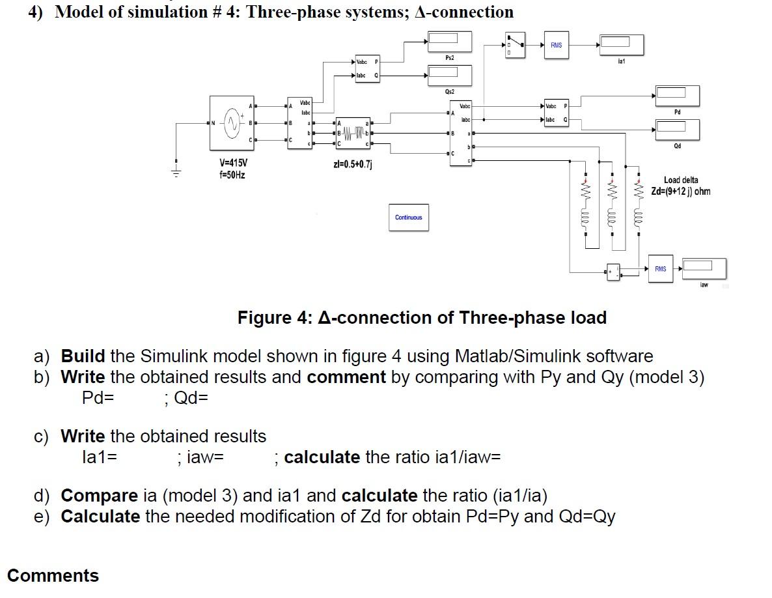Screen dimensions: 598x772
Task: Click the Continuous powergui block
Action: pos(408,218)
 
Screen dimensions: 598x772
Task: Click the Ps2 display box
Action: pos(449,42)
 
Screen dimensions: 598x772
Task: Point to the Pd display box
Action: pos(678,96)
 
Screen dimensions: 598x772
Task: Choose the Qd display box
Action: pos(678,130)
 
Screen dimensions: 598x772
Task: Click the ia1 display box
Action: pos(621,44)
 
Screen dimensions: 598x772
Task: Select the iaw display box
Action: pos(704,268)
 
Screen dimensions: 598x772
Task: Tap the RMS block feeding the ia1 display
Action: pos(556,45)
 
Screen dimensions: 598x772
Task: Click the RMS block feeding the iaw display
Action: pos(660,268)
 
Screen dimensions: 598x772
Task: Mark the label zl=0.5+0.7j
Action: pos(352,163)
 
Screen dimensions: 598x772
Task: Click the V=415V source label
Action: pos(233,163)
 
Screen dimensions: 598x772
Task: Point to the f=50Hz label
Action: pos(232,175)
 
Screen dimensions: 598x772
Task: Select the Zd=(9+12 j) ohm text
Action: pos(681,192)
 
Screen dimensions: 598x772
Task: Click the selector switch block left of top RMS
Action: pos(515,45)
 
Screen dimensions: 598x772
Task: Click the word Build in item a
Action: pos(83,356)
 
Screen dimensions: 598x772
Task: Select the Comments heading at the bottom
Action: pos(53,576)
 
